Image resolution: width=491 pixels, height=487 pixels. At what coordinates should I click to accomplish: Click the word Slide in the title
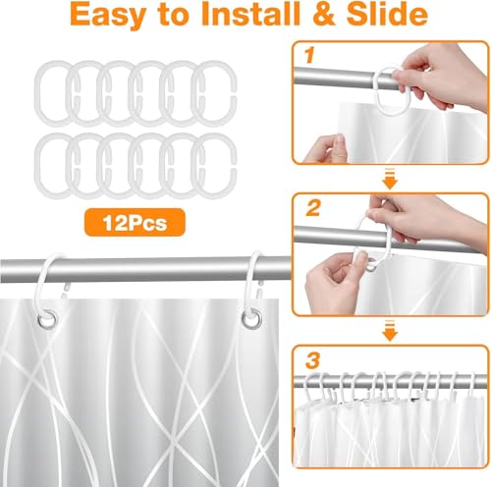(x=386, y=14)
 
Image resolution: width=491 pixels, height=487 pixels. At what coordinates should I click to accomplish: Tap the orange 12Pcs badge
(x=135, y=223)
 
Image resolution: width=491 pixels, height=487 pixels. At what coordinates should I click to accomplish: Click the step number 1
(x=308, y=55)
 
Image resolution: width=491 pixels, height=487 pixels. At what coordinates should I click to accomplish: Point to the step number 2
(x=313, y=208)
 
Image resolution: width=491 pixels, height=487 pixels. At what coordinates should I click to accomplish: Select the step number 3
(x=312, y=359)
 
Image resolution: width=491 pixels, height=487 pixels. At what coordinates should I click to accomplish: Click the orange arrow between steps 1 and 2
(x=390, y=179)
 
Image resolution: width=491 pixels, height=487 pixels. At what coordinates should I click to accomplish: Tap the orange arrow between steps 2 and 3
(x=390, y=331)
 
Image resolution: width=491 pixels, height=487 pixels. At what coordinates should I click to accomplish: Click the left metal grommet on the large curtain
(x=47, y=317)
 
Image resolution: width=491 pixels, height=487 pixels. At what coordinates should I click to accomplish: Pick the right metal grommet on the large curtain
(x=251, y=319)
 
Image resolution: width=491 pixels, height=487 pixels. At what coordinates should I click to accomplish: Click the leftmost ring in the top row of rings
(x=35, y=93)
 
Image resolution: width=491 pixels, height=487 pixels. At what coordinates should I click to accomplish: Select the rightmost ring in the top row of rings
(x=235, y=93)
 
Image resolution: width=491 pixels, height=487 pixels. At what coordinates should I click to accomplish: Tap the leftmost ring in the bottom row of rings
(x=35, y=165)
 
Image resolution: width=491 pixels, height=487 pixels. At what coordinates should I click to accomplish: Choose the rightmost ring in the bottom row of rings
(x=235, y=165)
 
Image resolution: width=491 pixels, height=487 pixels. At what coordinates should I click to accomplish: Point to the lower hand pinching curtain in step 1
(x=326, y=149)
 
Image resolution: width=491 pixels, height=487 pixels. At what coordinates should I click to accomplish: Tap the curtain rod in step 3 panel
(x=390, y=382)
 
